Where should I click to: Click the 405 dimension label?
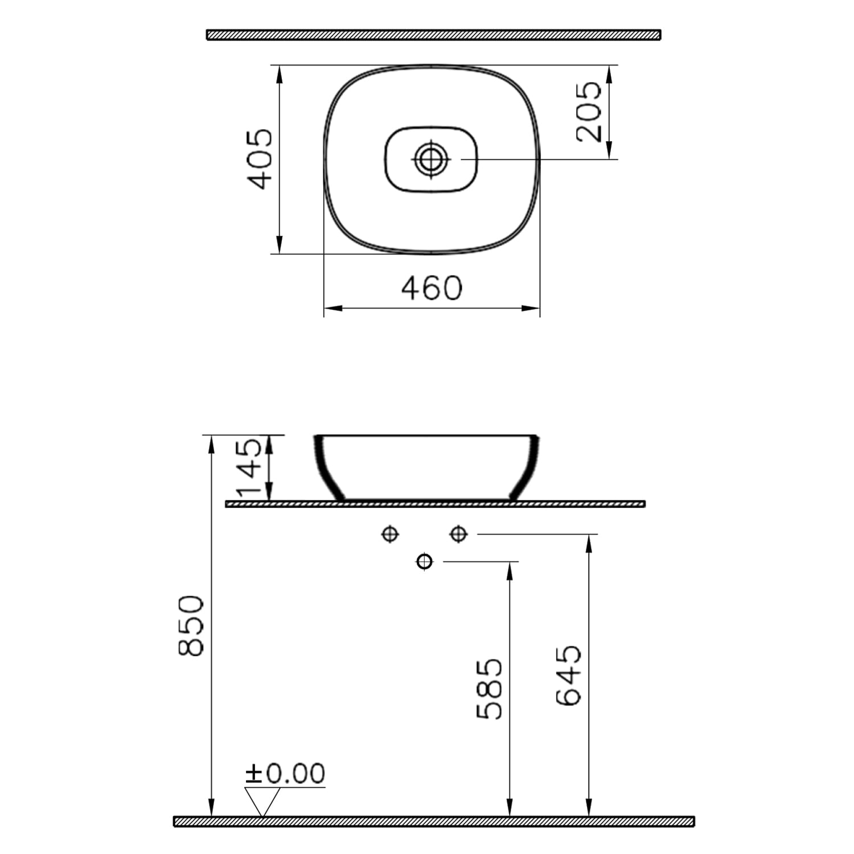click(260, 159)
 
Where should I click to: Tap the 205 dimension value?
click(589, 112)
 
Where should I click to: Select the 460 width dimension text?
click(432, 288)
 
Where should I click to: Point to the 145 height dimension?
click(249, 467)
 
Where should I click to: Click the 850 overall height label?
click(191, 625)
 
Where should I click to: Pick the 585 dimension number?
click(489, 689)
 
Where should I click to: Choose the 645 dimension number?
click(568, 675)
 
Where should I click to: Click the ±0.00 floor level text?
click(285, 773)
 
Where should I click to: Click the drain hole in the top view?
click(431, 159)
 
